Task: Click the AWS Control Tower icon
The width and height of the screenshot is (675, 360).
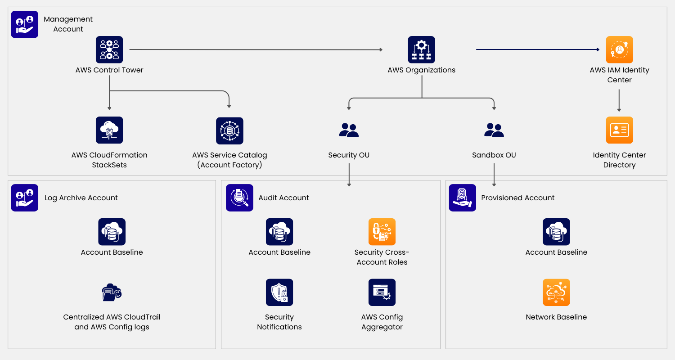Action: [x=109, y=49]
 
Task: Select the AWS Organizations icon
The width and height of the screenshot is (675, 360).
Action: [x=421, y=49]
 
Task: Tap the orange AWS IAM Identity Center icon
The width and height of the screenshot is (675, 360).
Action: [x=619, y=49]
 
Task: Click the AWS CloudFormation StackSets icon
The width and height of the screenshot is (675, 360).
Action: [x=109, y=130]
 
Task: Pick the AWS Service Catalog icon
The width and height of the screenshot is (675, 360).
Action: [x=229, y=131]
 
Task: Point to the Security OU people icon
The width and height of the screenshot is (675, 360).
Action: [x=349, y=130]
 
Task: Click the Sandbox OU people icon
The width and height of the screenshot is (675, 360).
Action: [x=494, y=130]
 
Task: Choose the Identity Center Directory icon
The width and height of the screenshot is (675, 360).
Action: [x=619, y=130]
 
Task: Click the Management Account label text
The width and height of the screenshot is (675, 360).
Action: [x=68, y=24]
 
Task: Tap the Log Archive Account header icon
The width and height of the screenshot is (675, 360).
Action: [x=25, y=198]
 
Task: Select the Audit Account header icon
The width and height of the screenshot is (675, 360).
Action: [x=239, y=198]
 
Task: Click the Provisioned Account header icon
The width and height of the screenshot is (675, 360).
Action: [x=462, y=198]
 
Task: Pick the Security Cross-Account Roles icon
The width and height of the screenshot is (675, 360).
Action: [x=382, y=232]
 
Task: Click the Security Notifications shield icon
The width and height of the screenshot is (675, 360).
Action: [x=279, y=292]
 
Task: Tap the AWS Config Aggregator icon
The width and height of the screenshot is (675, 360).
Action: [x=382, y=292]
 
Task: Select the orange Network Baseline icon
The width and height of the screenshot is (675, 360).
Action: [x=556, y=292]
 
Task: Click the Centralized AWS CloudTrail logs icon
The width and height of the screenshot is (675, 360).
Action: [x=112, y=293]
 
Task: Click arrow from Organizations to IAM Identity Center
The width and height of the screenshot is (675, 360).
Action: [x=538, y=49]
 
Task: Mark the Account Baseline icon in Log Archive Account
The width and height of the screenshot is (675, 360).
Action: [x=112, y=232]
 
